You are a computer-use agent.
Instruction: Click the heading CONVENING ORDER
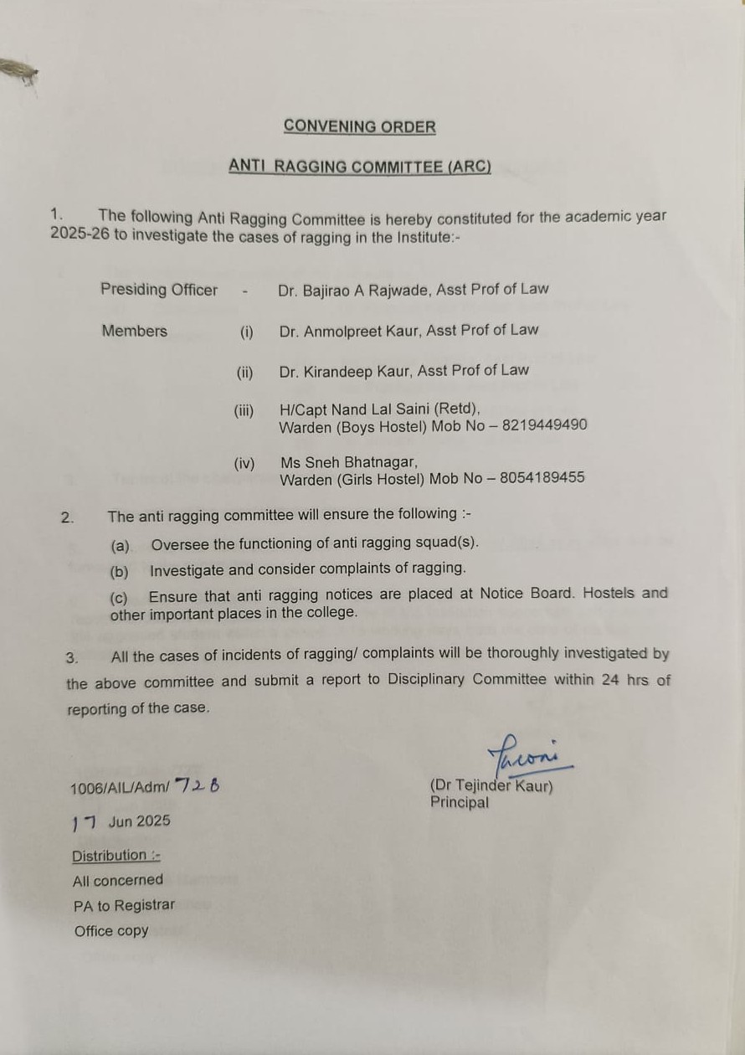(359, 127)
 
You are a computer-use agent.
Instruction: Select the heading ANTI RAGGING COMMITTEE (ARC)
(359, 167)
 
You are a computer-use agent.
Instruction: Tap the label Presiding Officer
(159, 290)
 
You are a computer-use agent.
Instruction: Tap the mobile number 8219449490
(544, 425)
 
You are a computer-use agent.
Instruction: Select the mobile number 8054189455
(542, 478)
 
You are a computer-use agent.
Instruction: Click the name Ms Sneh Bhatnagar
(349, 462)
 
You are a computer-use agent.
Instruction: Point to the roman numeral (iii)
(244, 411)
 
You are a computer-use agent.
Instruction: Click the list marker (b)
(120, 572)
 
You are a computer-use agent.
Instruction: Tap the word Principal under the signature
(460, 802)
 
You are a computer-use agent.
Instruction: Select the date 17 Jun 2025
(121, 821)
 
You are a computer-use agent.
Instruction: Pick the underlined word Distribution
(110, 856)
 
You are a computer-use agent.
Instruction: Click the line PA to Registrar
(124, 906)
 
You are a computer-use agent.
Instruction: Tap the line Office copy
(110, 931)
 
